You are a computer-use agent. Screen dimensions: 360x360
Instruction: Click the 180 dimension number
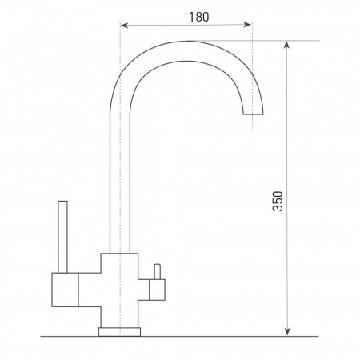(x=199, y=17)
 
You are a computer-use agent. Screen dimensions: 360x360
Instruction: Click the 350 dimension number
(x=278, y=201)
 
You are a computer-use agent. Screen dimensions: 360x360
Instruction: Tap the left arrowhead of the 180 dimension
(x=125, y=26)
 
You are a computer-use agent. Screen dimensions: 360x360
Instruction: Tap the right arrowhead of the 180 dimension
(x=247, y=25)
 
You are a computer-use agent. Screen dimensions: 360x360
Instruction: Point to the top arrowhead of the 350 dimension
(x=286, y=45)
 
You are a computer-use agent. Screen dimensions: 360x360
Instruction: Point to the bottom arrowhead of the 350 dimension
(x=287, y=331)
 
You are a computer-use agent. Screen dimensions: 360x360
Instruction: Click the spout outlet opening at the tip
(x=253, y=114)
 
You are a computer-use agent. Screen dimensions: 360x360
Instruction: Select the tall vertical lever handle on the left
(x=62, y=237)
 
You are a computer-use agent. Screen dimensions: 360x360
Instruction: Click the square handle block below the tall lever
(x=65, y=290)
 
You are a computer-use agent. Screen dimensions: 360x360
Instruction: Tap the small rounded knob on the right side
(x=157, y=272)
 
